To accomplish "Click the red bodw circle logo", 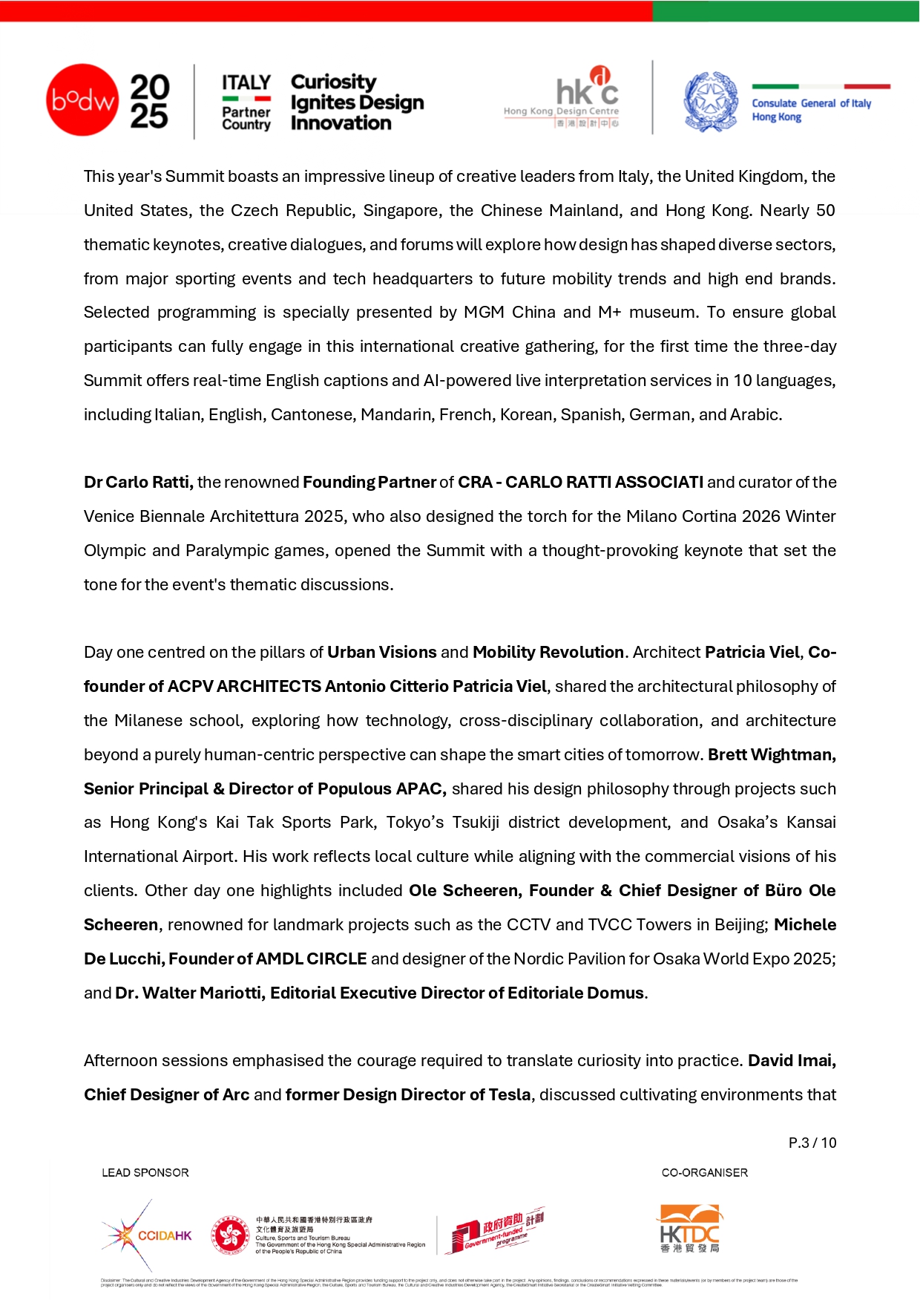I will (x=82, y=100).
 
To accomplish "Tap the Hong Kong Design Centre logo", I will (x=562, y=97).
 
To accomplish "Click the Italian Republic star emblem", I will (x=711, y=102).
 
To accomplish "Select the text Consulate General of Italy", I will (x=811, y=103).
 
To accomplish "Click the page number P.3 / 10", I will (x=812, y=1143).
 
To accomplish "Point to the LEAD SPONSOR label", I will (x=145, y=1172).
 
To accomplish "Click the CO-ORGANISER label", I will (x=704, y=1172).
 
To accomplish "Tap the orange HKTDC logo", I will (x=689, y=1229).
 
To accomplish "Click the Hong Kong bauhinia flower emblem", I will (x=230, y=1235).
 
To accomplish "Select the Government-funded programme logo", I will (x=496, y=1231).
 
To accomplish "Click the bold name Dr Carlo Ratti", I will (x=139, y=483).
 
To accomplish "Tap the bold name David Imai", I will (x=792, y=1061).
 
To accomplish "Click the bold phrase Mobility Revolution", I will (x=548, y=653).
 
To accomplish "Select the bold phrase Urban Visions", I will (x=381, y=653).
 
